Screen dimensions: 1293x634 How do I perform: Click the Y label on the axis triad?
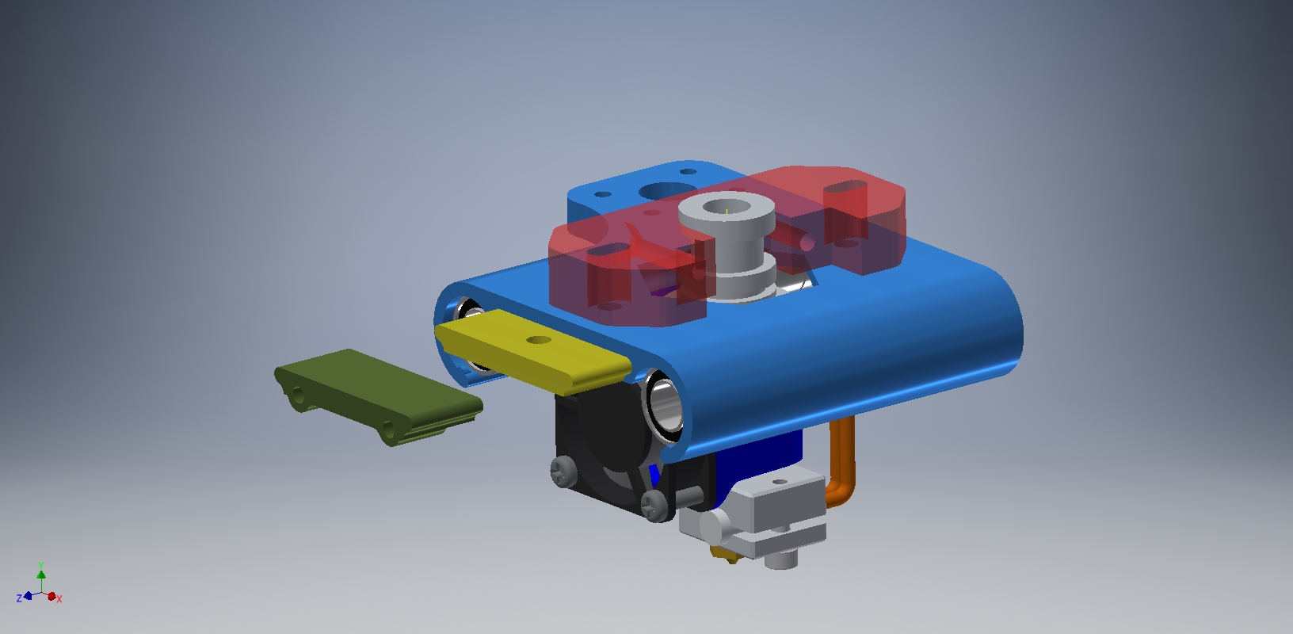pos(40,565)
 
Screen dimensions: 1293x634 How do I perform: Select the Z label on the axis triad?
pos(19,598)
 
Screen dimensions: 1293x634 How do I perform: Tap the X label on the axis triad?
pos(59,599)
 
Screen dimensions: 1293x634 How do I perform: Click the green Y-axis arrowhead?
pos(41,575)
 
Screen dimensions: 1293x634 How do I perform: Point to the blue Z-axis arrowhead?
pos(28,595)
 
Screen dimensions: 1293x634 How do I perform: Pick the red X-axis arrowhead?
pos(52,596)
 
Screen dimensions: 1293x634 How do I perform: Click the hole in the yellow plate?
pos(539,341)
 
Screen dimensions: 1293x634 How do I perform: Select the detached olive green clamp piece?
pos(378,397)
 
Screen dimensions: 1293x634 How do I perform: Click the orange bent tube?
pos(841,462)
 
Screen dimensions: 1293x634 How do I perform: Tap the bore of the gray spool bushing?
pos(727,207)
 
